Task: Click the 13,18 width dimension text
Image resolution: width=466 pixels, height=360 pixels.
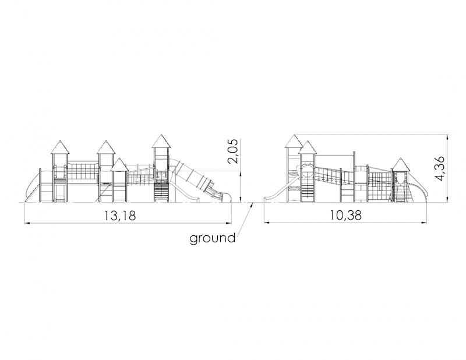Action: [x=120, y=215]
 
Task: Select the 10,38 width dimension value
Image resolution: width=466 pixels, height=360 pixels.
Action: [x=345, y=215]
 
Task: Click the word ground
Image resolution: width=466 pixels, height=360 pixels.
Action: [x=213, y=238]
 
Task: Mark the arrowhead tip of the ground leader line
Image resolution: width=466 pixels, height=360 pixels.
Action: [x=253, y=203]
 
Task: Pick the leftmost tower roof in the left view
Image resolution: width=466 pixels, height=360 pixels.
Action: [x=61, y=147]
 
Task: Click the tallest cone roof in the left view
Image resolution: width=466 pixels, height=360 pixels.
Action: [x=161, y=141]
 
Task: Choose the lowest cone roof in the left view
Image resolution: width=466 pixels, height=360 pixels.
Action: [x=119, y=165]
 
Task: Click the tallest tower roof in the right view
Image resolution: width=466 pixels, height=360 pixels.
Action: [x=294, y=141]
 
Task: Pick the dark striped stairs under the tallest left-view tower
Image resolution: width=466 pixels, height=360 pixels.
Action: [x=161, y=192]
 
